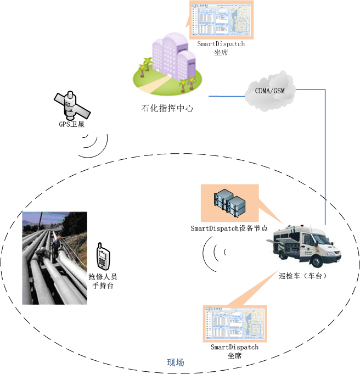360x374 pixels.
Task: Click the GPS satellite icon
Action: (x=68, y=103)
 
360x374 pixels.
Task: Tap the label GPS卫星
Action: (x=72, y=124)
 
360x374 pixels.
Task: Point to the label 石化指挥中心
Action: (x=167, y=108)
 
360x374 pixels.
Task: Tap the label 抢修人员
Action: (x=103, y=277)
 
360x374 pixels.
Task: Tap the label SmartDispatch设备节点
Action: (x=229, y=228)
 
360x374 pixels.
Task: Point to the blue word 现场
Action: (x=176, y=363)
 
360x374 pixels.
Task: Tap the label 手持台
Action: (x=103, y=286)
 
